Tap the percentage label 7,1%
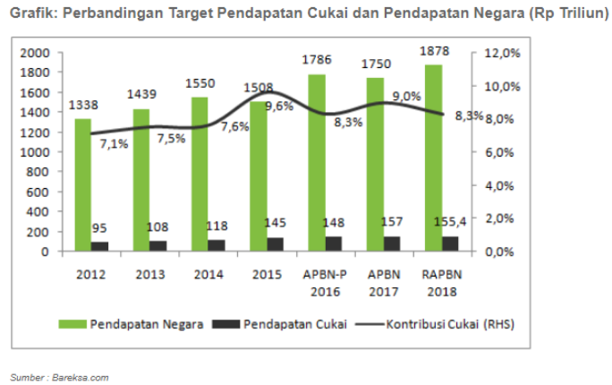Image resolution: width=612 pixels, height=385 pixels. [x=115, y=143]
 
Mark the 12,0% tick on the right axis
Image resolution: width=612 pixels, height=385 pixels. [x=502, y=54]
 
